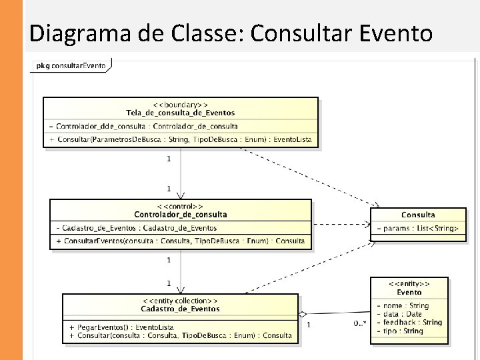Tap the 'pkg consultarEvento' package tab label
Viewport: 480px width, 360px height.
point(71,66)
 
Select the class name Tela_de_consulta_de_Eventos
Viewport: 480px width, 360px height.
point(180,113)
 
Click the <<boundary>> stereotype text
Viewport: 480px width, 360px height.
point(180,105)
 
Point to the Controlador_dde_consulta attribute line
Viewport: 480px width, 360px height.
point(143,126)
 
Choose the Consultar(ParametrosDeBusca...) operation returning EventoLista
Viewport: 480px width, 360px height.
point(181,140)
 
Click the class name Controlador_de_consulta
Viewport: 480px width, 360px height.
point(180,215)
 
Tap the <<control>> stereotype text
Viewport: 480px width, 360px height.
point(180,207)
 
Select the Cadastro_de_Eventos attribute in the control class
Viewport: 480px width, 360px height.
point(137,228)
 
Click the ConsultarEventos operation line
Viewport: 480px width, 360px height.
point(181,241)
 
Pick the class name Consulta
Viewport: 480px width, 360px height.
point(418,215)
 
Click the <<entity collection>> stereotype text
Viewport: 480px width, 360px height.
point(180,301)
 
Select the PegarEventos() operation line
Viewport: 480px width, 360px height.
point(121,328)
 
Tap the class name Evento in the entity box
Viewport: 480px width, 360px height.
point(409,292)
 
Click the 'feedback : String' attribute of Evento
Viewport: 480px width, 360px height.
point(409,322)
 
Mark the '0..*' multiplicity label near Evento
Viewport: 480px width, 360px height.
point(359,323)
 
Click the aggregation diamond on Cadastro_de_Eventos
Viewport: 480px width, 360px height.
point(302,313)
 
